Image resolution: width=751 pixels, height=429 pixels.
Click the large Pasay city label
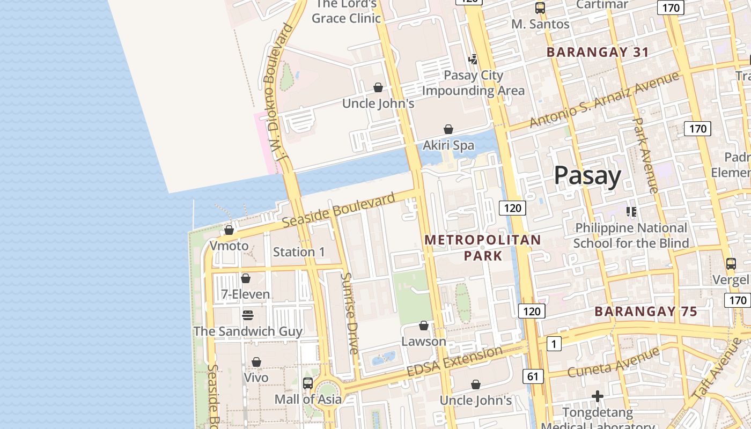coord(587,175)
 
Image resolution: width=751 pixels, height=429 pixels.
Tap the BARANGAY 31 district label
coord(598,53)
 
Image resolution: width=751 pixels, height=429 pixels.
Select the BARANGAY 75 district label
coord(646,312)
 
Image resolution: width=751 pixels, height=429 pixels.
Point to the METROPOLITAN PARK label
coord(483,248)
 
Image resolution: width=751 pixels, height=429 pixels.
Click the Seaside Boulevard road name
coord(338,210)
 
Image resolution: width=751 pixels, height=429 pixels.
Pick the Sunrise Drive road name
coord(349,314)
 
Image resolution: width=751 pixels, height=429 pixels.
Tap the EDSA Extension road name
coord(454,361)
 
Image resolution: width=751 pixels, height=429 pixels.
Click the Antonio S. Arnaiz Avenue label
coord(604,100)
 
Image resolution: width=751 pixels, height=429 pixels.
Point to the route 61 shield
coord(532,376)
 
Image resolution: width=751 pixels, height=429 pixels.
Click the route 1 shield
coord(554,344)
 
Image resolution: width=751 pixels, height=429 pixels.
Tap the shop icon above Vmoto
coord(229,230)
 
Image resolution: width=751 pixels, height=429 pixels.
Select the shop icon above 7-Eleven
coord(246,278)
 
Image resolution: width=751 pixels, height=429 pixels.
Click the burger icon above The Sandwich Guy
coord(247,315)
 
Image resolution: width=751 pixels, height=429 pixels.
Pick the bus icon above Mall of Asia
coord(308,383)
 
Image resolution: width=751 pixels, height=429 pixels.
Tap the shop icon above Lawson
coord(424,326)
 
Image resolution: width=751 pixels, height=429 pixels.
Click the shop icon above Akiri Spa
coord(448,129)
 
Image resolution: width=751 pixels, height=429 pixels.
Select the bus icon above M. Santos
coord(540,8)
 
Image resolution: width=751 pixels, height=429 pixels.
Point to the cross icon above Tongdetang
coord(598,396)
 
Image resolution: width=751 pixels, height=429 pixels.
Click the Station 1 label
coord(299,252)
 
